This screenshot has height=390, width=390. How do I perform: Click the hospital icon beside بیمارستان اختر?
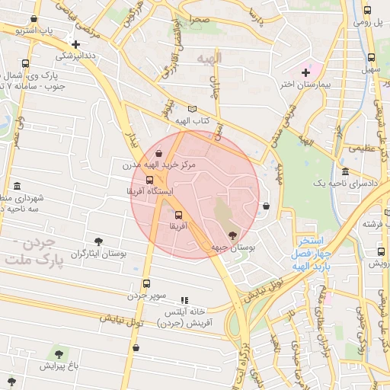click(x=306, y=72)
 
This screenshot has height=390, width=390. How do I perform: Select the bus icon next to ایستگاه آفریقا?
click(x=149, y=180)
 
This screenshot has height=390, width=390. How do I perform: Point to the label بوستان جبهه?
click(x=232, y=248)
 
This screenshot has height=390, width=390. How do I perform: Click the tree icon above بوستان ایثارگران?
click(x=99, y=241)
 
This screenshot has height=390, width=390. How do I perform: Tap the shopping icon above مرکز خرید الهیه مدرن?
click(x=158, y=152)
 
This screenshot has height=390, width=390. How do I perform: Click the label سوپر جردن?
click(x=146, y=294)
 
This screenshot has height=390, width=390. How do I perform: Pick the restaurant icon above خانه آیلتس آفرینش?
click(x=184, y=301)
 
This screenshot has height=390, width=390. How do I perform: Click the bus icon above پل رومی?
click(x=367, y=11)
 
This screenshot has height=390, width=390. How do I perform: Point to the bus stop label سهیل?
click(x=371, y=70)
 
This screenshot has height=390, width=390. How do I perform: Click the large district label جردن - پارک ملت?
click(x=30, y=252)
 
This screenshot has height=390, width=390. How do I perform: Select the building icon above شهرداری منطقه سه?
click(x=18, y=187)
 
